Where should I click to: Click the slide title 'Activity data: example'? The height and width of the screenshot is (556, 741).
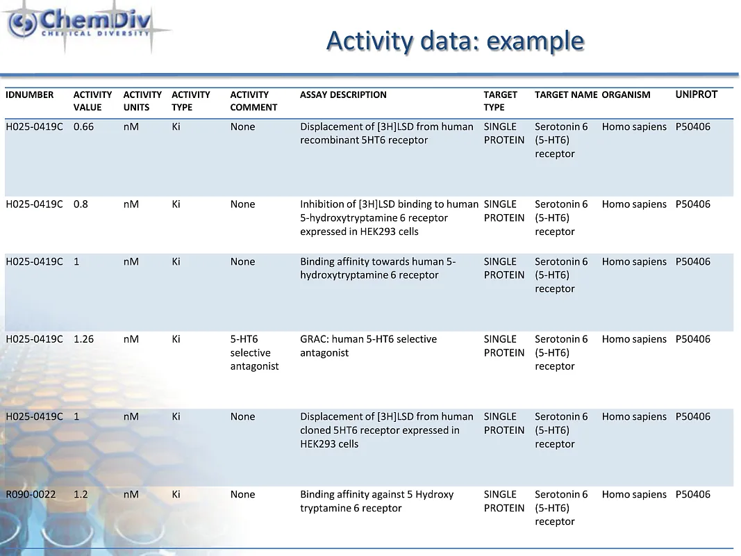click(455, 40)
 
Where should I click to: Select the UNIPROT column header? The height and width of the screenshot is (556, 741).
click(696, 95)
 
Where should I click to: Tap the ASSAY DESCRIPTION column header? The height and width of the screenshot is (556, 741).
click(343, 95)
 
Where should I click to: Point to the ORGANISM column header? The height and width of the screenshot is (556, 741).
click(626, 95)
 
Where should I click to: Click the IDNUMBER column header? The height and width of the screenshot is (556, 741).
click(29, 95)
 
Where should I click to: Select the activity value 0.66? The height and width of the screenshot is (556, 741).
click(83, 126)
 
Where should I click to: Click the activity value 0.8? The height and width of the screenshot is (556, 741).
click(81, 204)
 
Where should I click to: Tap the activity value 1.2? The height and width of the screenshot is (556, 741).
click(81, 494)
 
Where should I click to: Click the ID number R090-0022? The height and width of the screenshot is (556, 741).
click(30, 494)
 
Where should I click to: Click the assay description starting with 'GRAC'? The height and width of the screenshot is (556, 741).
click(368, 345)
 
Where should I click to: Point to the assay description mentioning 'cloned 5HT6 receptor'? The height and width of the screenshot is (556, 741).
click(386, 430)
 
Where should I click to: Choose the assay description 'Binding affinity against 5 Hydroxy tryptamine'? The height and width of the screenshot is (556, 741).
click(376, 501)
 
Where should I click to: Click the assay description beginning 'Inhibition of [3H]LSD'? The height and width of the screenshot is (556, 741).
click(388, 218)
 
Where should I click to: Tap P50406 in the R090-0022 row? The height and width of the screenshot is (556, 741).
click(692, 494)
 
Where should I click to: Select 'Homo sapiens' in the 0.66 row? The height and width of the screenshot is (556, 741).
click(633, 126)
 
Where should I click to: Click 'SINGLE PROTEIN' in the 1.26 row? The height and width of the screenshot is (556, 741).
click(503, 345)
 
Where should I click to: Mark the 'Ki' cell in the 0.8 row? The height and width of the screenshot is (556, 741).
click(176, 204)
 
